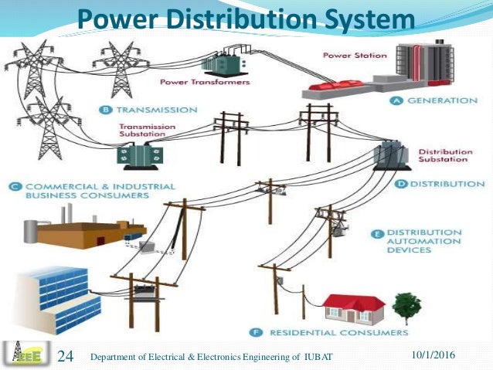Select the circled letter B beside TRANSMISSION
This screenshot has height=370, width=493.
pyautogui.click(x=107, y=110)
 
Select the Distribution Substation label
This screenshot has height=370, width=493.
pyautogui.click(x=444, y=156)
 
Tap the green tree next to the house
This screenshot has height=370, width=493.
pyautogui.click(x=406, y=306)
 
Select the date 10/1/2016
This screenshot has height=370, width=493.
pyautogui.click(x=430, y=354)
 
